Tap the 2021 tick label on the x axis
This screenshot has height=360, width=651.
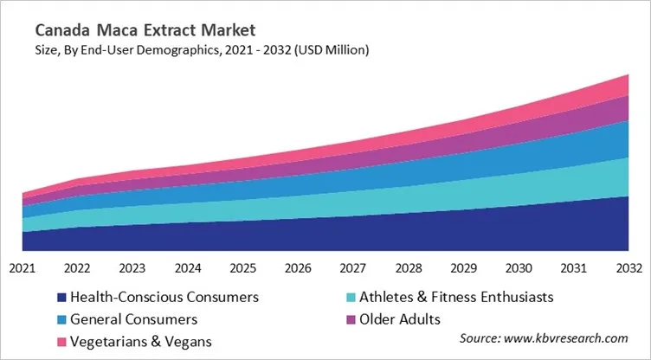23,267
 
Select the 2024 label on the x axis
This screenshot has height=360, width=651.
188,267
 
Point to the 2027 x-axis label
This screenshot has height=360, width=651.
352,267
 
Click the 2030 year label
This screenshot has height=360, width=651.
518,267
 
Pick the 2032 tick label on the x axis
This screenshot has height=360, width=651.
627,267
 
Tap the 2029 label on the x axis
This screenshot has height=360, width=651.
462,267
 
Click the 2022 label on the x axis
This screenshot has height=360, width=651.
78,267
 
